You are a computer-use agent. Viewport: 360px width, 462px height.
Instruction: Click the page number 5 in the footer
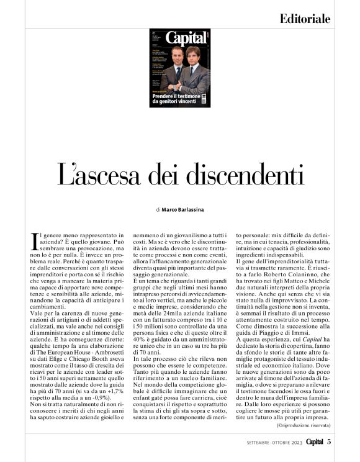pyautogui.click(x=330, y=442)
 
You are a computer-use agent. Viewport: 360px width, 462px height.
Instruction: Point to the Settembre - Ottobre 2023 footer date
pyautogui.click(x=268, y=443)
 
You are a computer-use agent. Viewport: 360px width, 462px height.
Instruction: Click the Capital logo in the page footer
pyautogui.click(x=312, y=442)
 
